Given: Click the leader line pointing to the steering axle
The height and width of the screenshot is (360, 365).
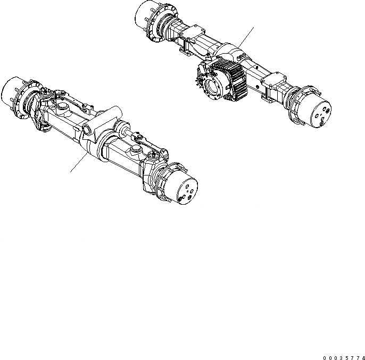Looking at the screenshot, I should point(77,162).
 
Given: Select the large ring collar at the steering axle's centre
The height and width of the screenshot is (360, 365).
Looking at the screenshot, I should point(107,146).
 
